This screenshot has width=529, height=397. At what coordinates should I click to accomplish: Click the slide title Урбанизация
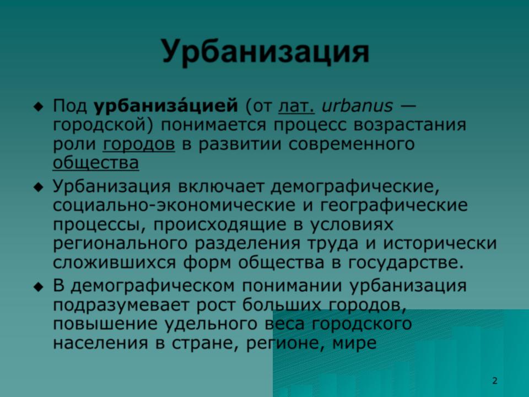click(266, 52)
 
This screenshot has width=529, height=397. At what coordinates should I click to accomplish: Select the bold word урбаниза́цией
click(166, 106)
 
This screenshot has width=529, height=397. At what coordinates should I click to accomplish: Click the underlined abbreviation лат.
click(296, 106)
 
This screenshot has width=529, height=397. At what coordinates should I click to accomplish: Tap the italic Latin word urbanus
click(357, 106)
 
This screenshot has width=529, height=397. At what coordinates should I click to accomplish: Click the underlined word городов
click(139, 144)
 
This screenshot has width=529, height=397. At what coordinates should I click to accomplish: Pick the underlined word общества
click(96, 163)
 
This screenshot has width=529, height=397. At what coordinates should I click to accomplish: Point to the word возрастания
click(410, 125)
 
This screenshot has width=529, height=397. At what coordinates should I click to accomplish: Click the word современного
click(352, 144)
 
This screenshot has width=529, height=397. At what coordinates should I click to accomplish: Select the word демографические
click(355, 187)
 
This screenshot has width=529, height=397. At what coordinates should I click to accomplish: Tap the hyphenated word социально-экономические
click(174, 205)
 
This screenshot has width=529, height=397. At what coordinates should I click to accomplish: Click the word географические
click(394, 206)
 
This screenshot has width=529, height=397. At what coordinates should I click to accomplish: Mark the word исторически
click(440, 243)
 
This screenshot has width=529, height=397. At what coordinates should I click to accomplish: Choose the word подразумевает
click(121, 305)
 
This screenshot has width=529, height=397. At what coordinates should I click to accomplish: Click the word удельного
click(211, 324)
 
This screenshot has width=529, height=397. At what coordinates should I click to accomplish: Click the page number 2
click(495, 381)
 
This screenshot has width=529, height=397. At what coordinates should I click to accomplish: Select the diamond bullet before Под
click(39, 107)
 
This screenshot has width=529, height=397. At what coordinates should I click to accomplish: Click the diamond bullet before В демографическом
click(39, 287)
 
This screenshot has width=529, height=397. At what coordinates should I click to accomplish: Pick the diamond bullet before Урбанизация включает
click(39, 187)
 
